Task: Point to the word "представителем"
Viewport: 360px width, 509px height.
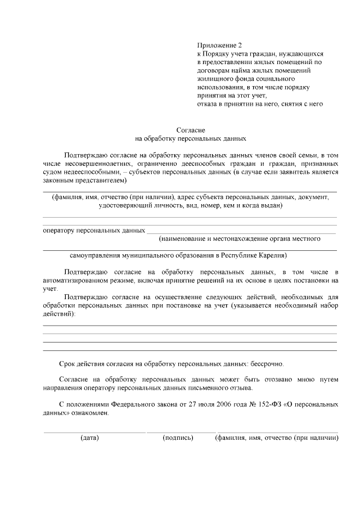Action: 102,181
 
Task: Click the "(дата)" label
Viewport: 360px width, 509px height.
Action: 89,438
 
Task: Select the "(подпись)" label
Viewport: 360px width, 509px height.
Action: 178,438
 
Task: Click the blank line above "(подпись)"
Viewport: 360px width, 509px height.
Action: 180,432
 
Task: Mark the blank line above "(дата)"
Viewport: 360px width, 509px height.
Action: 94,432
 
